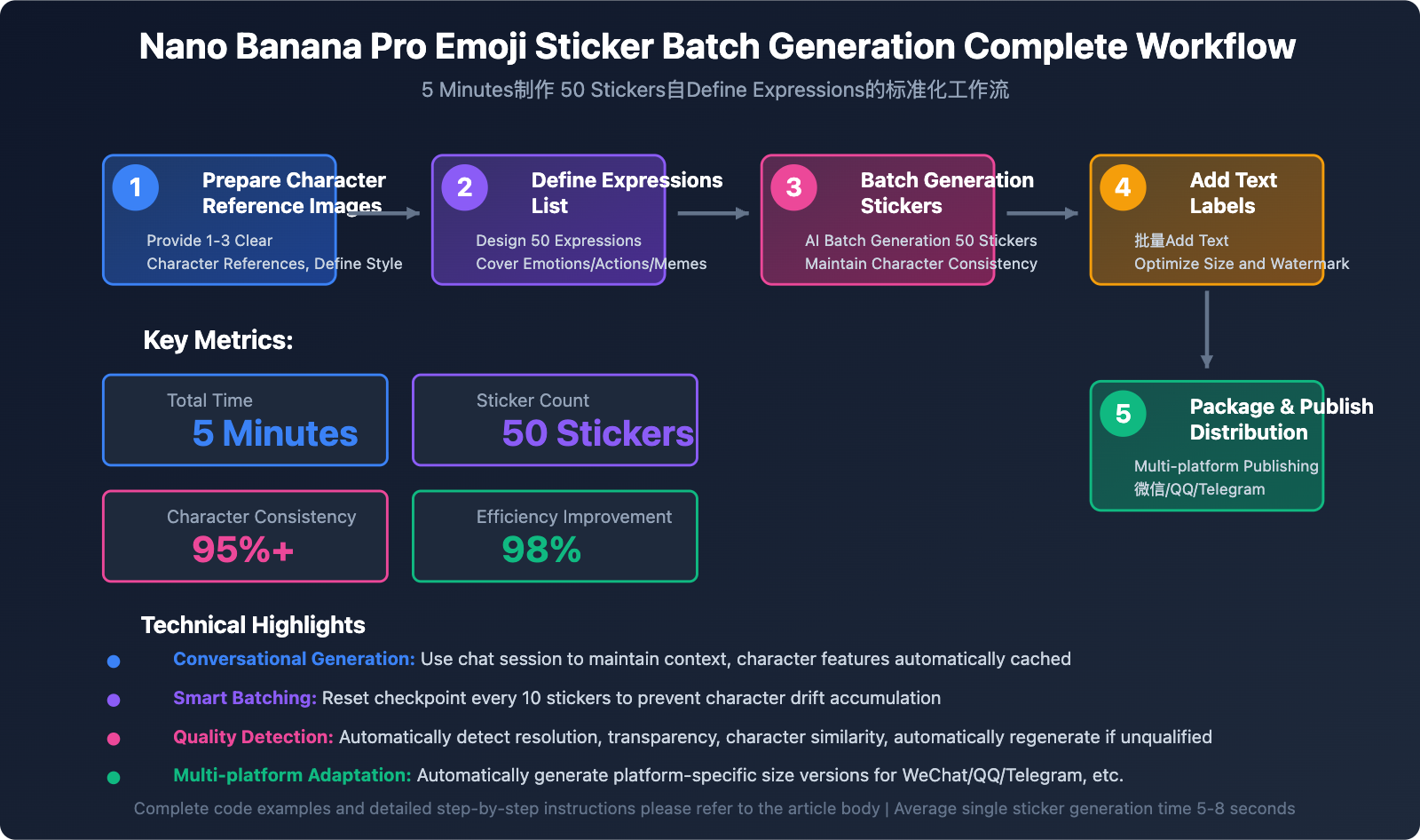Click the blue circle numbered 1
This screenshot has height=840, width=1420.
point(136,187)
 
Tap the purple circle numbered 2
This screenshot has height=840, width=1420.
point(465,187)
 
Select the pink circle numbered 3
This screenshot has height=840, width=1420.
point(794,187)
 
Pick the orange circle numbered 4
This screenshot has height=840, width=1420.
point(1123,187)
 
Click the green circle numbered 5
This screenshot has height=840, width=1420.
point(1123,414)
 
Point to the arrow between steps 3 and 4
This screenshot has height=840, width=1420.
point(1042,213)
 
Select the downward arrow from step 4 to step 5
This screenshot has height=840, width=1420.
point(1206,329)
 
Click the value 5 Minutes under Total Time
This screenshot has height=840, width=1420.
point(275,433)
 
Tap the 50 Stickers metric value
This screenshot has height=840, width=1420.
point(597,433)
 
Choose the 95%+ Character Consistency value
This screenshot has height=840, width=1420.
point(242,550)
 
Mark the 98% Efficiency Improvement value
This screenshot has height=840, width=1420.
point(541,550)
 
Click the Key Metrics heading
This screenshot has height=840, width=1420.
point(218,340)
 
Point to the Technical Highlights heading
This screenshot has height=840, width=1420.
point(253,625)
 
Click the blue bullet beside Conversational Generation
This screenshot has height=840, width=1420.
point(114,662)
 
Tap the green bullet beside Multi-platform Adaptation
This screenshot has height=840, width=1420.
point(114,778)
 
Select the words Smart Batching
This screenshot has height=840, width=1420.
point(244,698)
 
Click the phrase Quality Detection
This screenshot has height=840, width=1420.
point(253,737)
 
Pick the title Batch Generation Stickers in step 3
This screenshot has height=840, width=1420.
point(947,193)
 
